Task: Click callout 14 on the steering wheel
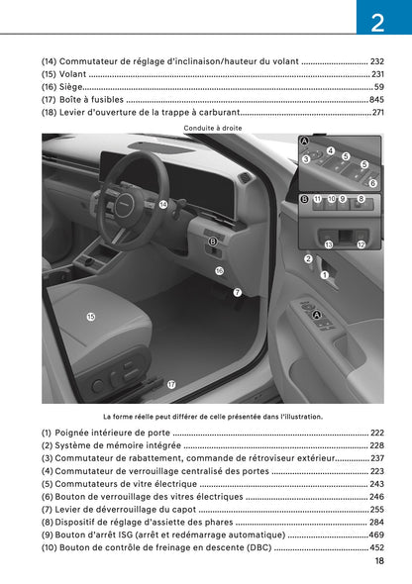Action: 163,204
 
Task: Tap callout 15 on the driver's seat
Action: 91,317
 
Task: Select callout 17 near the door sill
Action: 171,384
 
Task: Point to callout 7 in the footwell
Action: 237,292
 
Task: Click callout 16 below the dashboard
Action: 219,270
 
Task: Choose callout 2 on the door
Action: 308,258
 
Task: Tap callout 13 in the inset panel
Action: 329,243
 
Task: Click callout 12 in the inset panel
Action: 361,243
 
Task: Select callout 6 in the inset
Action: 372,183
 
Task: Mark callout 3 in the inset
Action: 306,158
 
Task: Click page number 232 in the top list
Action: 376,61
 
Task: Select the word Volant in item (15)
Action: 73,74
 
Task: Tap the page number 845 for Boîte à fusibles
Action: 376,100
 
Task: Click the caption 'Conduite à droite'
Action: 213,128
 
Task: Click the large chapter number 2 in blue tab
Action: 377,23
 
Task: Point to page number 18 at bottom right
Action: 379,561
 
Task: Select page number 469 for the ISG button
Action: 376,535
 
